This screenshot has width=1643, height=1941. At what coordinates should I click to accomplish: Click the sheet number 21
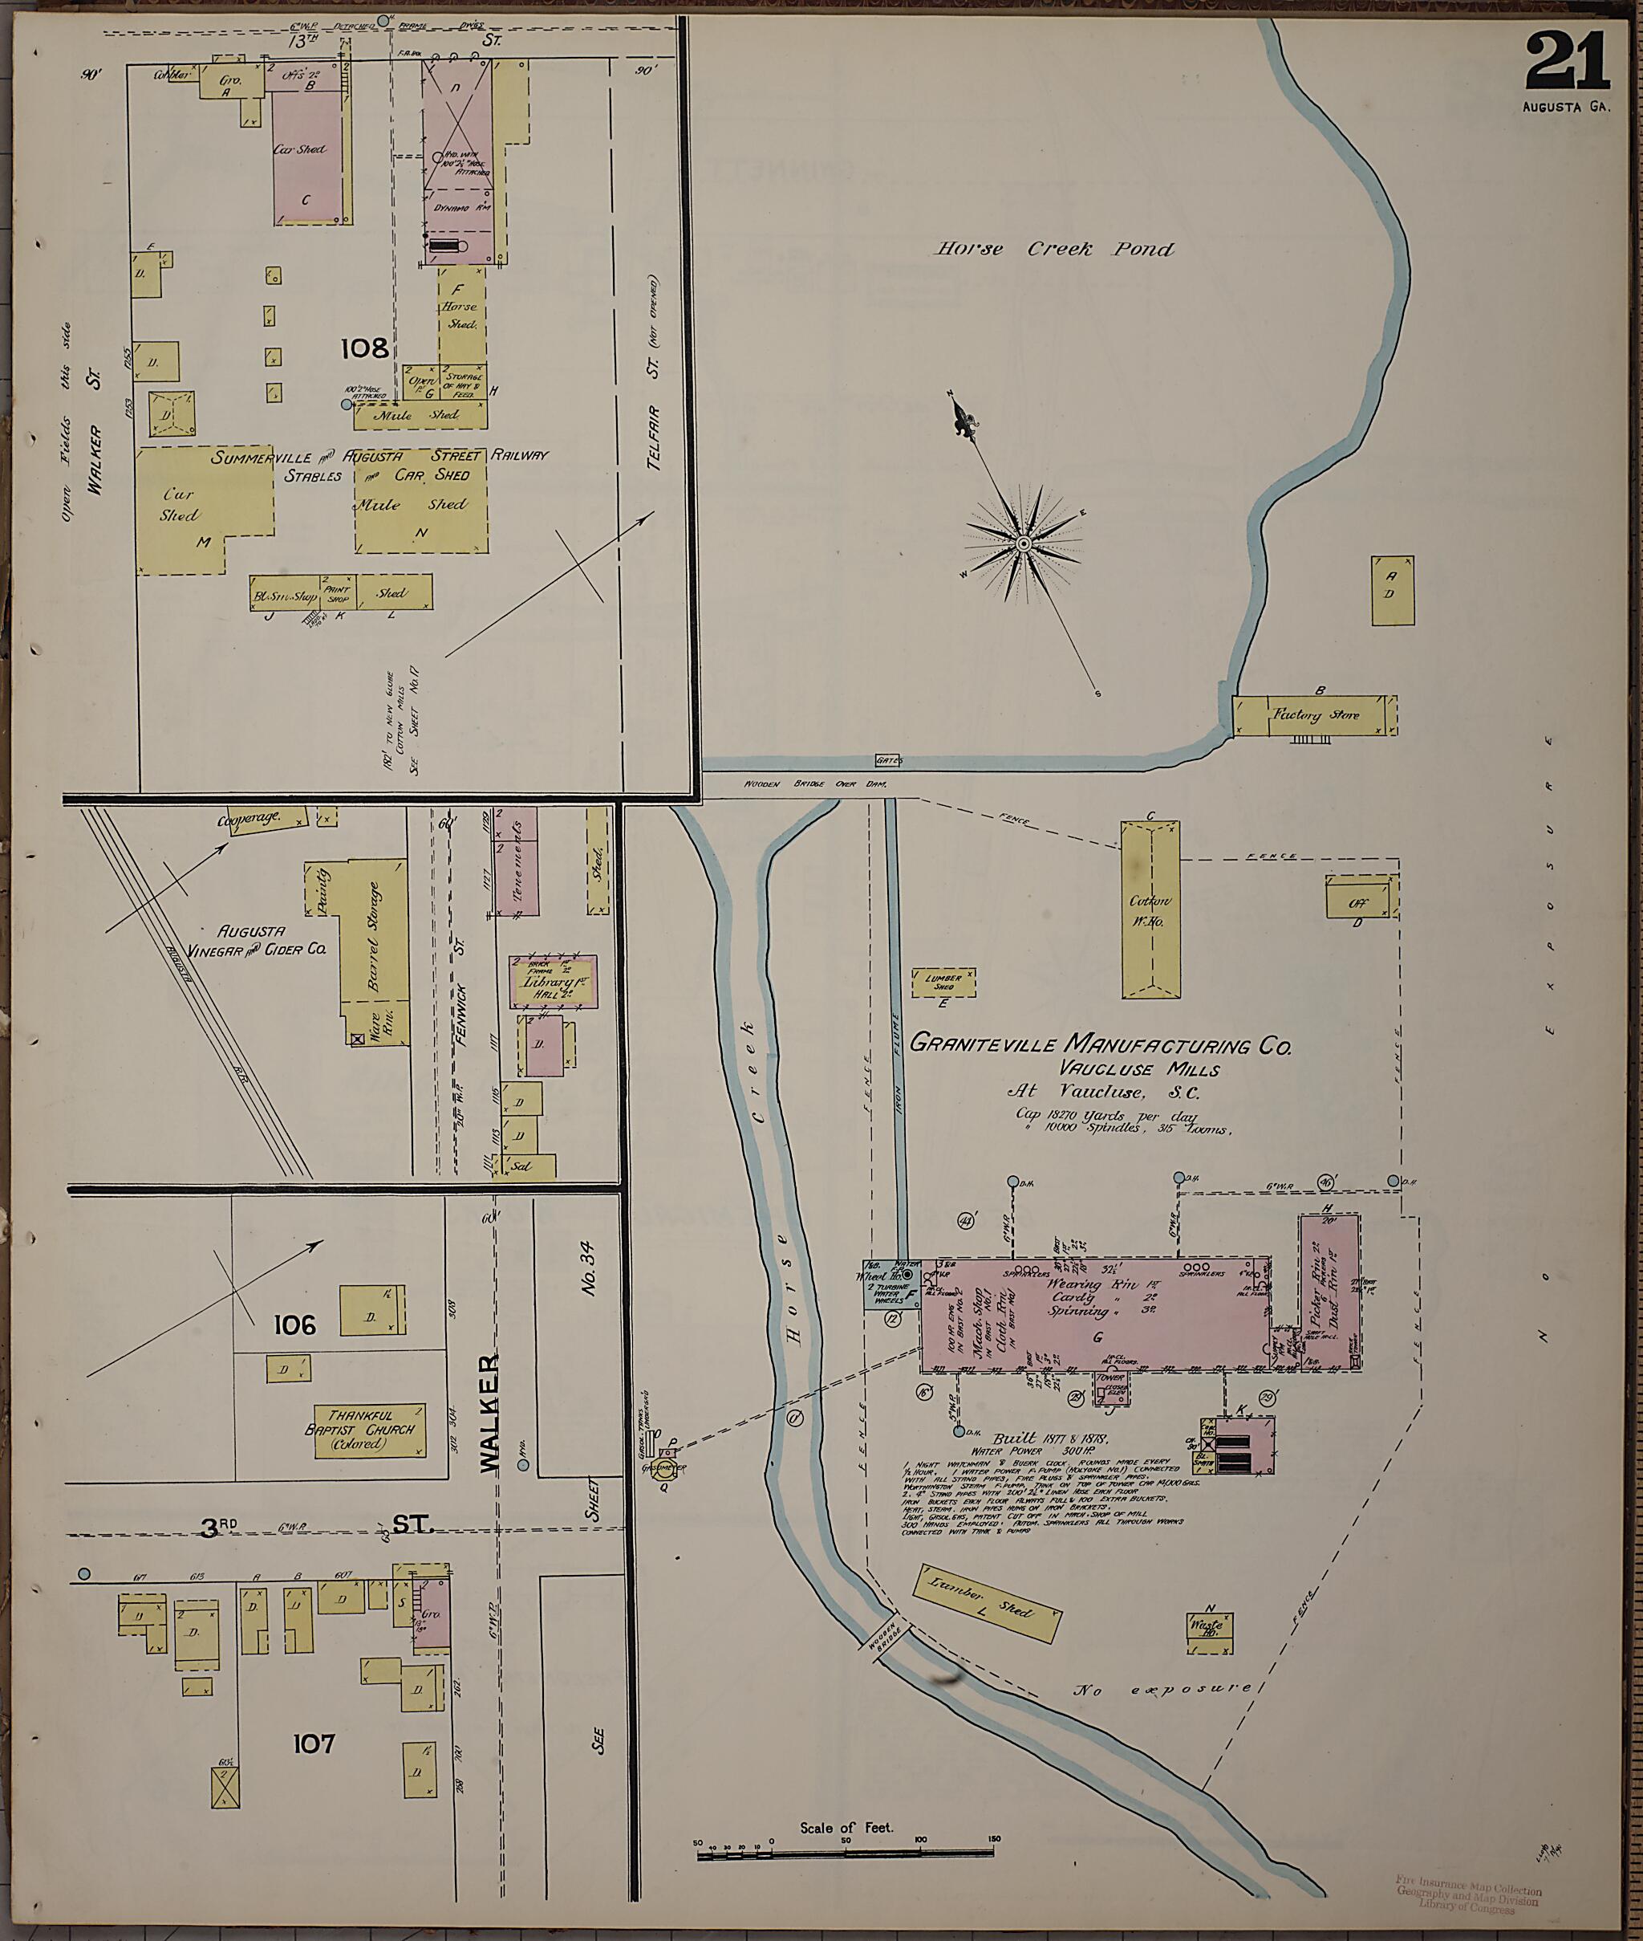[x=1568, y=62]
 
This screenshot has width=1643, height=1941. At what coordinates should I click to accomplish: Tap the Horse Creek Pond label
[x=1054, y=250]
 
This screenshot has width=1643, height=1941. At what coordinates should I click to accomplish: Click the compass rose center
[x=1023, y=543]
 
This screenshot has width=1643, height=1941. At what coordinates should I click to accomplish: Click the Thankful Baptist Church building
[x=370, y=1430]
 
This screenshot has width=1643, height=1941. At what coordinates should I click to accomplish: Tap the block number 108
[x=364, y=349]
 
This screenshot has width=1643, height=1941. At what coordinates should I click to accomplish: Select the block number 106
[x=294, y=1325]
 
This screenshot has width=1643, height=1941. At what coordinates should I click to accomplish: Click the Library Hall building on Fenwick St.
[x=552, y=981]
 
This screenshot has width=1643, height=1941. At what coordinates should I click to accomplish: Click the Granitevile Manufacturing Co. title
[x=1100, y=1044]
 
